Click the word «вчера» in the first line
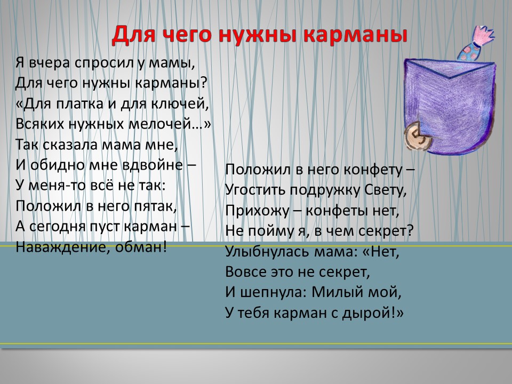click(50, 63)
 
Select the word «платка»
click(80, 104)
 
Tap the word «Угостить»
click(255, 190)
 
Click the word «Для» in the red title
click(133, 34)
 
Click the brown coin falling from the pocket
click(417, 137)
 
